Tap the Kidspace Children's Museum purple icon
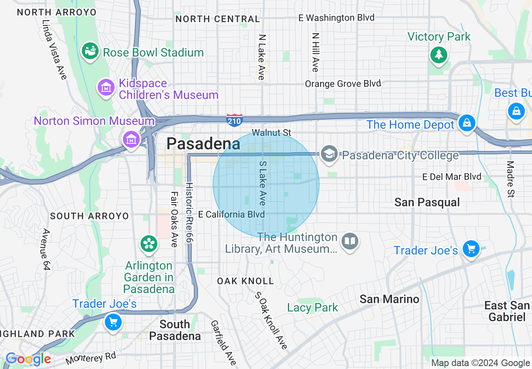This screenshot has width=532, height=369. pyautogui.click(x=106, y=88)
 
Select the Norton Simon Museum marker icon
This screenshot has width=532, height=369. pyautogui.click(x=131, y=138)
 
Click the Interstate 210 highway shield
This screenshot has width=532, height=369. pyautogui.click(x=234, y=120)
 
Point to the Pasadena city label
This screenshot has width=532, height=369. pyautogui.click(x=203, y=144)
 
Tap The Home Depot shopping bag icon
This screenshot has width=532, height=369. pyautogui.click(x=467, y=123)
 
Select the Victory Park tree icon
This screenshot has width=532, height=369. pyautogui.click(x=438, y=55)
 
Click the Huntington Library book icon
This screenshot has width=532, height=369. pyautogui.click(x=349, y=241)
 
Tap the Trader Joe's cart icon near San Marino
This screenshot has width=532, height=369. pyautogui.click(x=471, y=249)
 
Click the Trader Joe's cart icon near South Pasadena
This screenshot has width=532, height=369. pyautogui.click(x=113, y=322)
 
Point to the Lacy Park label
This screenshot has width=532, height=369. pyautogui.click(x=312, y=307)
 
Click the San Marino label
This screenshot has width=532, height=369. pyautogui.click(x=389, y=299)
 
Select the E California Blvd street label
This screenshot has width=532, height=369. pyautogui.click(x=231, y=214)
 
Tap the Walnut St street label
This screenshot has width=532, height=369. pyautogui.click(x=271, y=133)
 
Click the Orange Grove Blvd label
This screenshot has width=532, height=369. pyautogui.click(x=343, y=83)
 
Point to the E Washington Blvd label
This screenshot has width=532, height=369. pyautogui.click(x=336, y=18)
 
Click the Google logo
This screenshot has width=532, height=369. pyautogui.click(x=28, y=359)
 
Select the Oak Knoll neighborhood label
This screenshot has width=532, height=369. pyautogui.click(x=245, y=281)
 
